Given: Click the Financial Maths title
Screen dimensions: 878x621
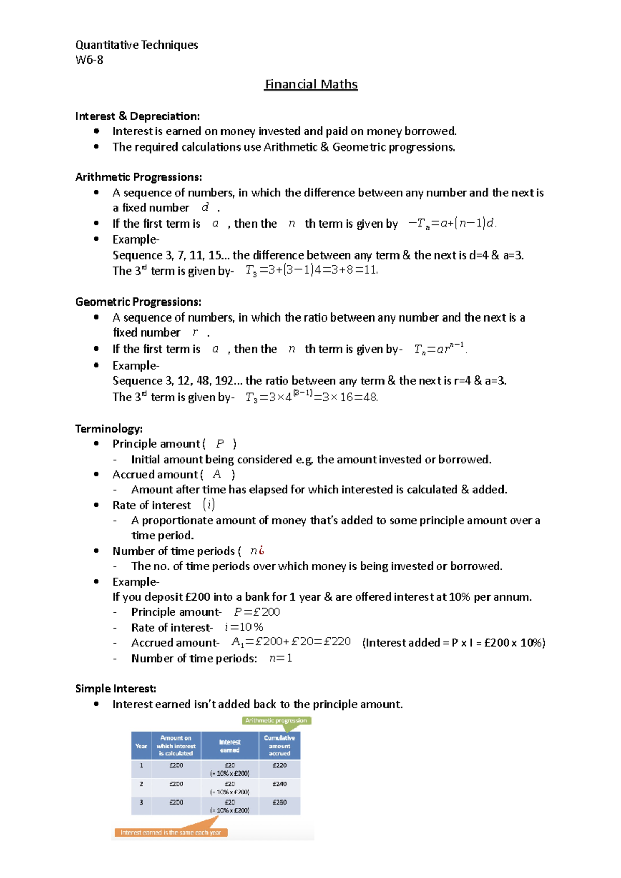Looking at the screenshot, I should tap(310, 84).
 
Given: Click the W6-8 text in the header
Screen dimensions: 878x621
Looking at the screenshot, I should tap(89, 60).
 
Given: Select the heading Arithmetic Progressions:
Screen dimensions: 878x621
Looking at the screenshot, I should tap(138, 177).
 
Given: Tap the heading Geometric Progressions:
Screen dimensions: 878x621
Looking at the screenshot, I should tap(138, 302).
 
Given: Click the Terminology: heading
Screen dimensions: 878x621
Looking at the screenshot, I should tap(109, 429).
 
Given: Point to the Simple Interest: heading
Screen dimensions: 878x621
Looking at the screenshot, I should tap(115, 689).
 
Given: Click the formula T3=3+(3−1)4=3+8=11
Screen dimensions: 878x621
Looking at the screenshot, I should tap(312, 270).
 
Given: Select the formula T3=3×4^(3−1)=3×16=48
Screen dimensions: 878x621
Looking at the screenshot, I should tap(312, 397).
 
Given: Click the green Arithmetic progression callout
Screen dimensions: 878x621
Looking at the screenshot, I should tap(276, 721).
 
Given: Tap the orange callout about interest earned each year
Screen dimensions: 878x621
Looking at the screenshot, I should tap(171, 832).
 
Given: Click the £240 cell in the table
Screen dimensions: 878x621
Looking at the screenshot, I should tap(279, 784).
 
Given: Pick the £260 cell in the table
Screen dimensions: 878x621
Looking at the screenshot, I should tap(279, 803).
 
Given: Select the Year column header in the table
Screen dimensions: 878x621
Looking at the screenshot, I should tap(141, 746).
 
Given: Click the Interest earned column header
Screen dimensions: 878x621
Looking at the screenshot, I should tap(230, 746).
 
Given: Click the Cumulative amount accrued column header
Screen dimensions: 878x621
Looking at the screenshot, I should tap(279, 746).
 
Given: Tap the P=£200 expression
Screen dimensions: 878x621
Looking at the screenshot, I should tap(257, 612).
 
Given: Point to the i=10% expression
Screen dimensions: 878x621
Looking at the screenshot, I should tap(244, 627).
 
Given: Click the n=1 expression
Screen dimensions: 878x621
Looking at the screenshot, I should tap(280, 658).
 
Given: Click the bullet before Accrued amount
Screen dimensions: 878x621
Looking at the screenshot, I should tap(96, 474).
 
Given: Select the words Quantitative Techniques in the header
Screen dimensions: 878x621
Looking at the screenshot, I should tap(137, 45).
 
